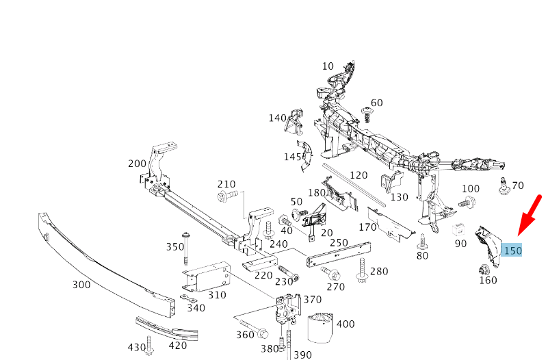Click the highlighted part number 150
click(x=512, y=250)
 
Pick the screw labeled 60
click(x=367, y=112)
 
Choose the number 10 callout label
click(x=328, y=66)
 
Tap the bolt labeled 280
click(x=361, y=274)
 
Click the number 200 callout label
click(x=137, y=164)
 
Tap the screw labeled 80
click(x=423, y=240)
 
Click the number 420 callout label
click(x=177, y=346)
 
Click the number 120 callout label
click(x=358, y=175)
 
